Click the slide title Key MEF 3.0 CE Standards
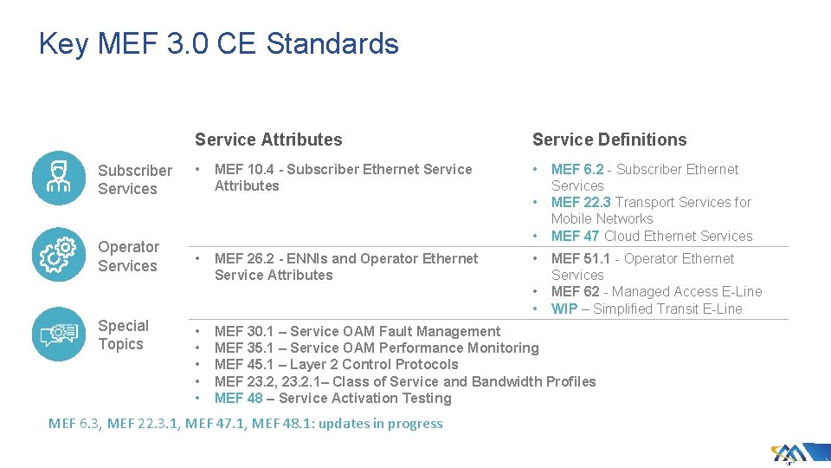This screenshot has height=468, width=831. click(x=218, y=43)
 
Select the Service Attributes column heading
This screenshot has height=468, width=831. click(x=268, y=140)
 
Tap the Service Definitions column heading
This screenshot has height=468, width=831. click(x=609, y=140)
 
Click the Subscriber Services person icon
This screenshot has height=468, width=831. click(x=59, y=178)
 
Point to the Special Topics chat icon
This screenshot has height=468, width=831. click(x=59, y=334)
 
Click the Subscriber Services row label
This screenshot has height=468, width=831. click(x=134, y=179)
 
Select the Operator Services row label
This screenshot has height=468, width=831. click(x=128, y=257)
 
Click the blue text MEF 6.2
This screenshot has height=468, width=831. click(x=577, y=170)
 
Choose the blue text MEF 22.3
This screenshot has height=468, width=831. click(x=581, y=203)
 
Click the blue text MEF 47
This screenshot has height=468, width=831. click(x=575, y=237)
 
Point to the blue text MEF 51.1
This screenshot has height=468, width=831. click(x=581, y=259)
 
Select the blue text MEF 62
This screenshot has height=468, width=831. click(x=575, y=292)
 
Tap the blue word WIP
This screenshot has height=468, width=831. click(x=564, y=309)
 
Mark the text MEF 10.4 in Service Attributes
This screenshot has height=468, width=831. click(x=242, y=170)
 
